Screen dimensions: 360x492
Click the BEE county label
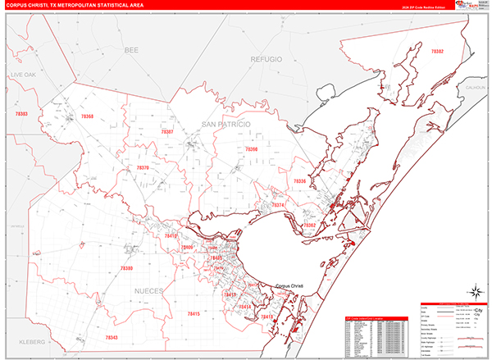(x=132, y=51)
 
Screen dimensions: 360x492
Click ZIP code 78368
(x=87, y=117)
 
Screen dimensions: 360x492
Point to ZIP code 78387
(x=166, y=131)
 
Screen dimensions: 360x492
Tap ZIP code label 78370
(x=142, y=167)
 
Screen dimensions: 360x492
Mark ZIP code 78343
(x=112, y=338)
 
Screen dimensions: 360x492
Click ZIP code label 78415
(x=192, y=313)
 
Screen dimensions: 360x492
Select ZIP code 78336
(x=299, y=180)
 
